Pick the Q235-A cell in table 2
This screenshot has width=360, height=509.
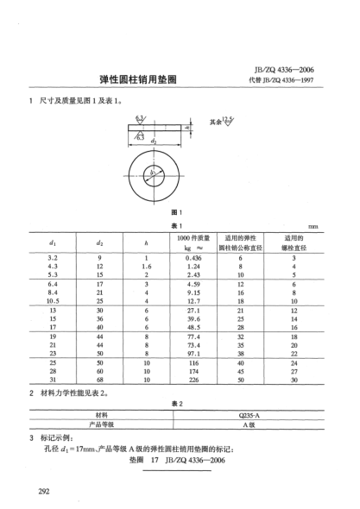250,414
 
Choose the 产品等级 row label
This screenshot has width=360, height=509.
103,424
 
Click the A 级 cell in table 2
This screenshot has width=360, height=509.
250,424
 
